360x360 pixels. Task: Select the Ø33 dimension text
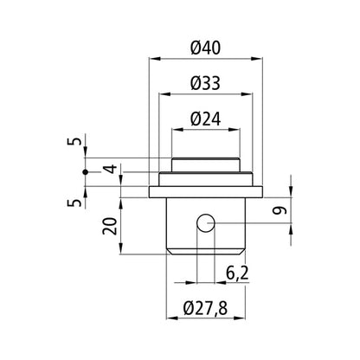coord(206,83)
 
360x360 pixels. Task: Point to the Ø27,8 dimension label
coord(205,308)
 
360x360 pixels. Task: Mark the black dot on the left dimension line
coord(84,173)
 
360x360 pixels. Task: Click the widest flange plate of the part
coord(205,190)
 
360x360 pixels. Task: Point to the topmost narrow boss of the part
coord(205,164)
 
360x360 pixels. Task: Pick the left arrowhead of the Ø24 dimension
coord(175,131)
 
